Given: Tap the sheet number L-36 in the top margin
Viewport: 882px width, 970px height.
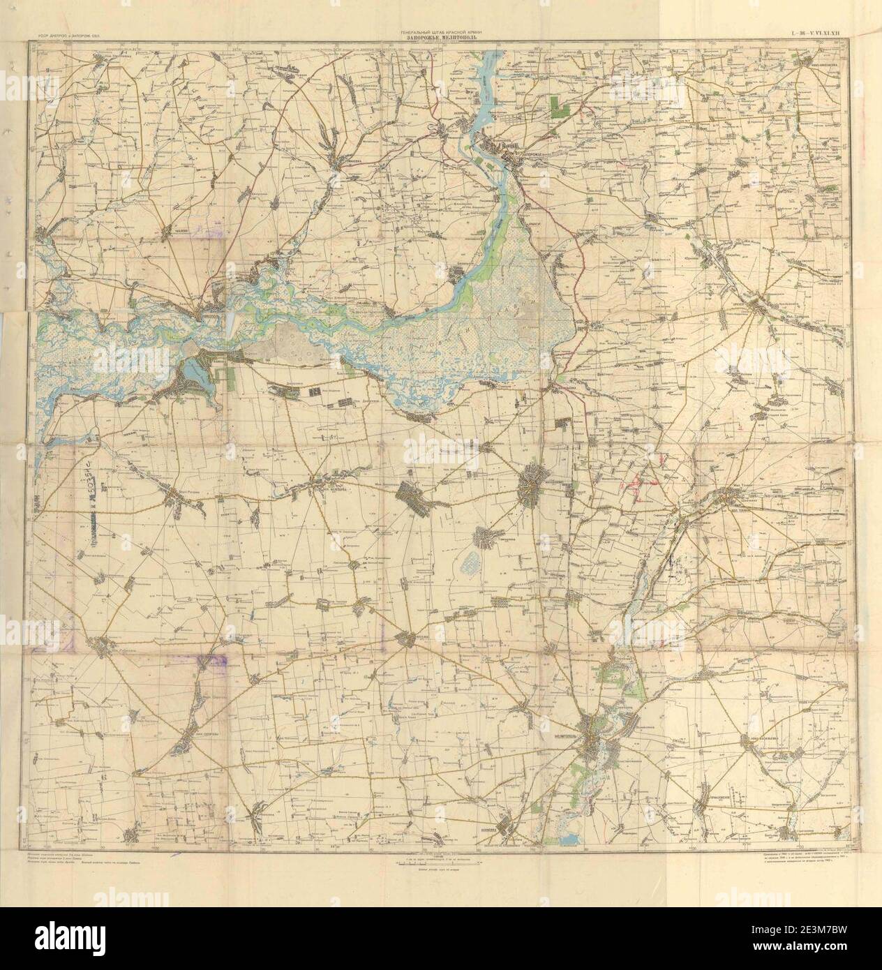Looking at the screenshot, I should [819, 32].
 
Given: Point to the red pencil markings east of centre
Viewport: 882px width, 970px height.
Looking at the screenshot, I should [641, 480].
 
